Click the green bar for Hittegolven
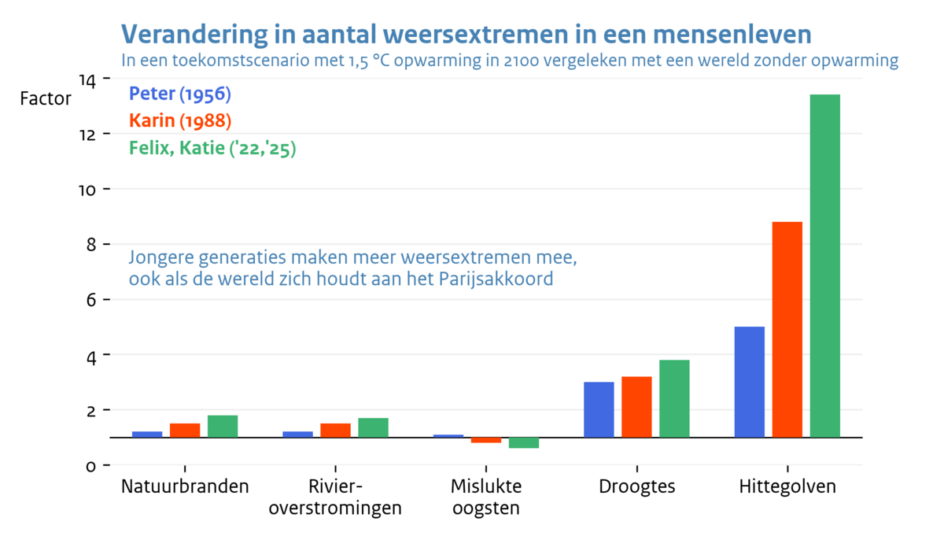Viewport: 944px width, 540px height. click(825, 265)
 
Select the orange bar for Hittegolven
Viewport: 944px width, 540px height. click(787, 329)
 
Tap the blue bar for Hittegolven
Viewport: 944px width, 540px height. click(749, 382)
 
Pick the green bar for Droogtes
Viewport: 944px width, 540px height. click(674, 398)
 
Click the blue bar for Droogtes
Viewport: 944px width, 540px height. click(599, 409)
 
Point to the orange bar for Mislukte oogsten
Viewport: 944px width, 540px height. click(486, 440)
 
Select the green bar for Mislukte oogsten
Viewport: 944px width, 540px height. click(524, 442)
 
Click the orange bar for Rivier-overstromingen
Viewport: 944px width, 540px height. click(335, 430)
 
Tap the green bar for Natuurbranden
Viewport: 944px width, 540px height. click(223, 426)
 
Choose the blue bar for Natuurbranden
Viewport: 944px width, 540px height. click(147, 434)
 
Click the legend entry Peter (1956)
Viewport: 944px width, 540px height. click(179, 94)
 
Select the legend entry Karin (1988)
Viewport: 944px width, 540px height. click(179, 121)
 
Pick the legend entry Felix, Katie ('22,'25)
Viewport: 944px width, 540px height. click(212, 149)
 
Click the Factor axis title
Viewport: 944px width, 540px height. click(45, 99)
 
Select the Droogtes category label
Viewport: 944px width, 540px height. click(637, 486)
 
